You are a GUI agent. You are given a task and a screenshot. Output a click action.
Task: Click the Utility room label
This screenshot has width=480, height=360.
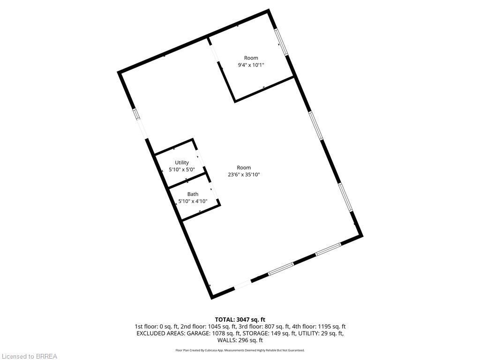pyautogui.click(x=182, y=163)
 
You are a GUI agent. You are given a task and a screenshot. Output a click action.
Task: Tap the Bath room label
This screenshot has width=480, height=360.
pyautogui.click(x=193, y=194)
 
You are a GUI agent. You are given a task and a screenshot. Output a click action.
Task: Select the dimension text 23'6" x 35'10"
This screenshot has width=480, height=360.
pyautogui.click(x=244, y=174)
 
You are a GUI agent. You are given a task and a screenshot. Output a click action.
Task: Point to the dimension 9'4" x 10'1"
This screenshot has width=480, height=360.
pyautogui.click(x=251, y=65)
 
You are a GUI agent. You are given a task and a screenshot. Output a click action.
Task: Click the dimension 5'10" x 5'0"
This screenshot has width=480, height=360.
pyautogui.click(x=182, y=169)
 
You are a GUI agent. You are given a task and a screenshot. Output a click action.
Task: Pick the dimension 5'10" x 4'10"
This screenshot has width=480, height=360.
pyautogui.click(x=193, y=201)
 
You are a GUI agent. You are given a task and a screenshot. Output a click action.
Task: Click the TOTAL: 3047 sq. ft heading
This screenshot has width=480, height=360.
pyautogui.click(x=240, y=320)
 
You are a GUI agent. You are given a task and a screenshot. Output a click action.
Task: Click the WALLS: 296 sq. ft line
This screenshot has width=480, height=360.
pyautogui.click(x=240, y=340)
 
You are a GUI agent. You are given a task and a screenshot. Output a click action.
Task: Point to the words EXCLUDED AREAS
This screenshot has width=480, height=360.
pyautogui.click(x=159, y=333)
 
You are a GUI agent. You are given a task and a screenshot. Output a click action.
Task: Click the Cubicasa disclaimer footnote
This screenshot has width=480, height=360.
pyautogui.click(x=240, y=350)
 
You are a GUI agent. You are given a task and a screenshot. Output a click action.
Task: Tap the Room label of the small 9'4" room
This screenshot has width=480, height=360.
pyautogui.click(x=251, y=58)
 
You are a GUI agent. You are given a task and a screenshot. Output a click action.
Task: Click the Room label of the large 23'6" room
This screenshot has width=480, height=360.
pyautogui.click(x=244, y=167)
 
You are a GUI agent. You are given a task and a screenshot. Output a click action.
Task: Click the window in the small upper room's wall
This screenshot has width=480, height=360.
pyautogui.click(x=281, y=42)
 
